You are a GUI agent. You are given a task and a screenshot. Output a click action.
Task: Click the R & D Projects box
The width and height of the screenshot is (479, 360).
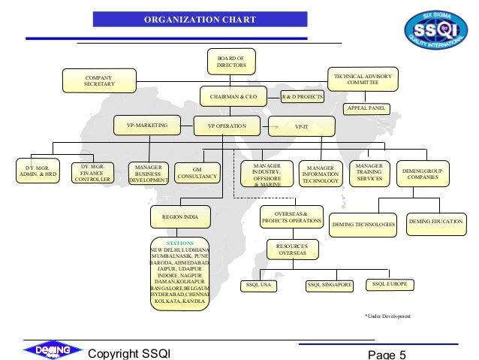pos(302,97)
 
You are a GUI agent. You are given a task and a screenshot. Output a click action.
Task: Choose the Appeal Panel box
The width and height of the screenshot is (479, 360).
pos(366,109)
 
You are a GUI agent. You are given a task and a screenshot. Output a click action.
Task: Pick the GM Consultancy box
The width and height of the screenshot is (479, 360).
pos(197,172)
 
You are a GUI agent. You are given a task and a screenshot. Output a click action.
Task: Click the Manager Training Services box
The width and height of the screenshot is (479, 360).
pos(369,172)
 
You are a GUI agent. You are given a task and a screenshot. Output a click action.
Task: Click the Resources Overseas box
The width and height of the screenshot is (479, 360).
pos(293,249)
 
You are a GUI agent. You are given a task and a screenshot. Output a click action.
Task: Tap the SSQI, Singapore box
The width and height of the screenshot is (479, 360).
pos(330,285)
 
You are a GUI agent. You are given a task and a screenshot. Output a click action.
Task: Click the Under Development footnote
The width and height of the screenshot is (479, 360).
pos(387,316)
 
